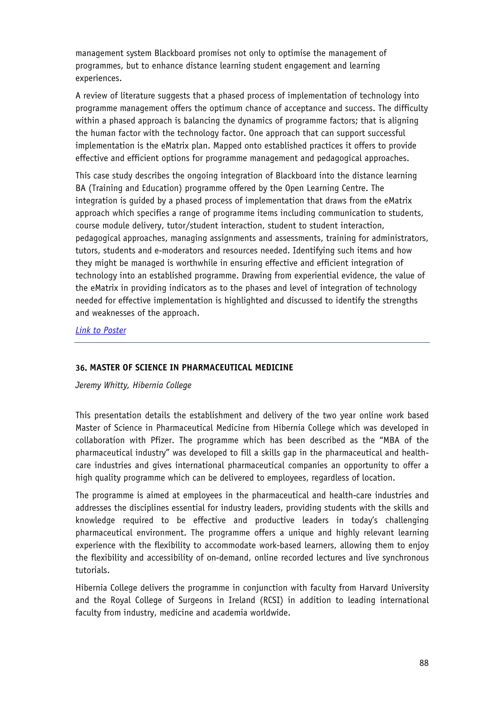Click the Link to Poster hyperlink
point(101,330)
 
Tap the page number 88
point(424,663)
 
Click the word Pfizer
point(162,440)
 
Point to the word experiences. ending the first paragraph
point(99,78)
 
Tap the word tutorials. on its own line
point(92,570)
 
